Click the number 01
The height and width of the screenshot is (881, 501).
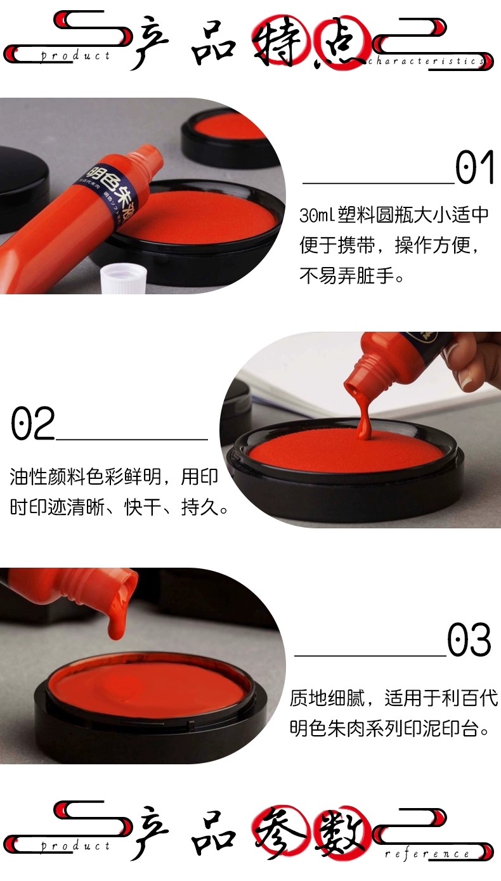[474, 167]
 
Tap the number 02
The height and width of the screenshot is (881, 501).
[32, 423]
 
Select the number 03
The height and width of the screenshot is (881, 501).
[469, 639]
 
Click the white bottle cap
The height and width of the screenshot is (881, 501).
[124, 280]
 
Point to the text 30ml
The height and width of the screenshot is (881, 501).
[317, 215]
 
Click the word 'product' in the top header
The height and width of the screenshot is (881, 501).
[75, 56]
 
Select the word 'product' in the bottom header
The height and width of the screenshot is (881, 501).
[75, 845]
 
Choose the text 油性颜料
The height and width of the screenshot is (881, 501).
[47, 477]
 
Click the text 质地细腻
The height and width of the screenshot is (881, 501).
[327, 699]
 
